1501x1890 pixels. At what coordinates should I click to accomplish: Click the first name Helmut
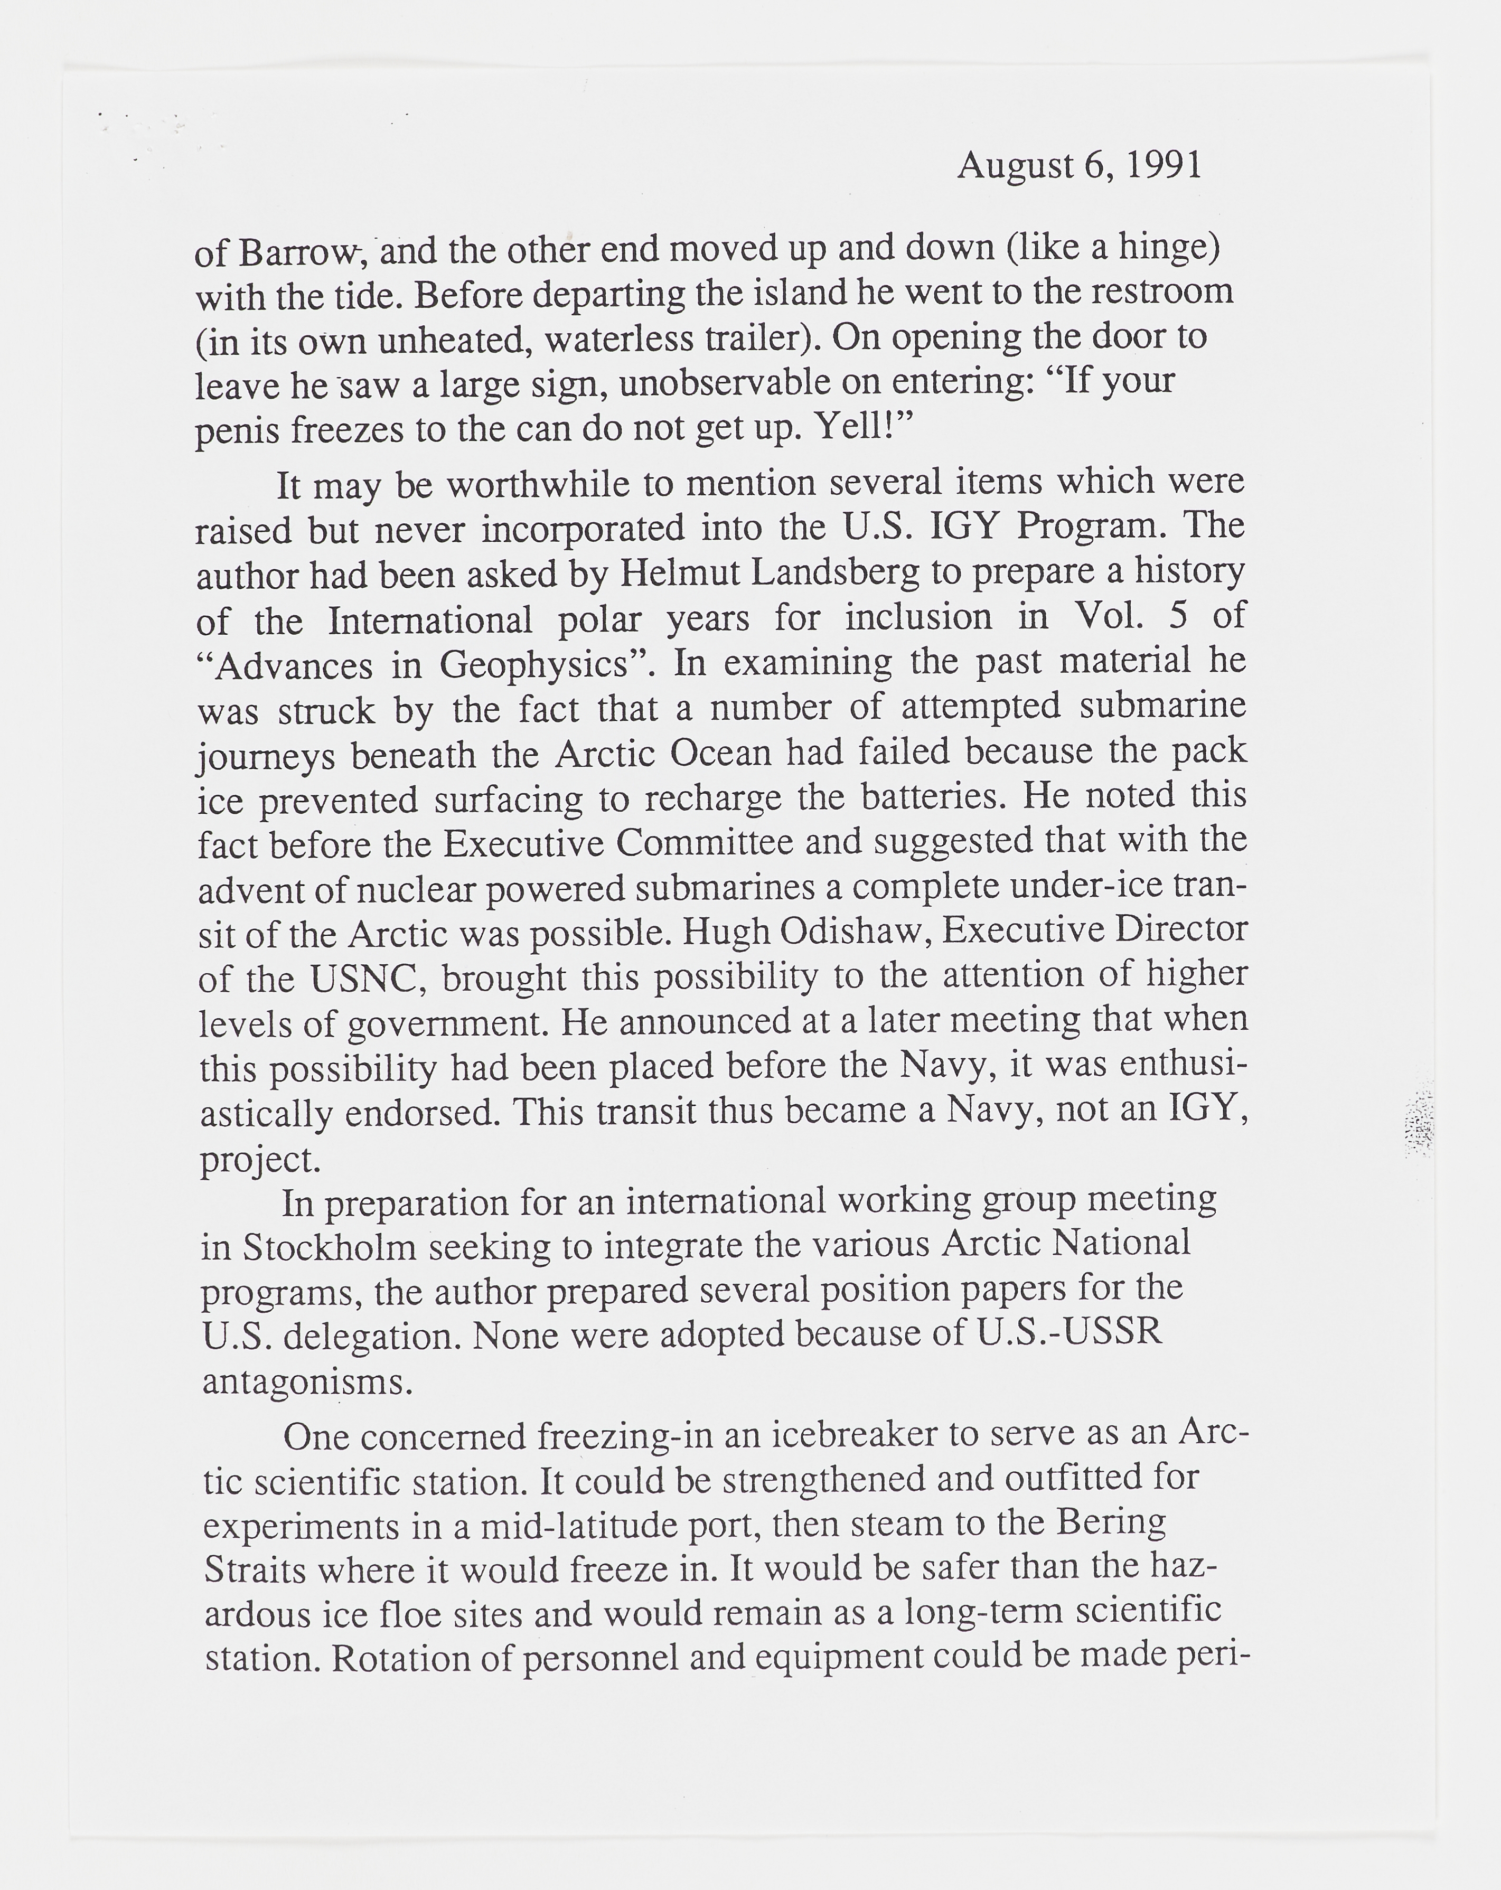672,574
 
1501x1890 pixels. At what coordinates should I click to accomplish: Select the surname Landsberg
837,574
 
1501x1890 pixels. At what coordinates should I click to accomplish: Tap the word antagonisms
307,1383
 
